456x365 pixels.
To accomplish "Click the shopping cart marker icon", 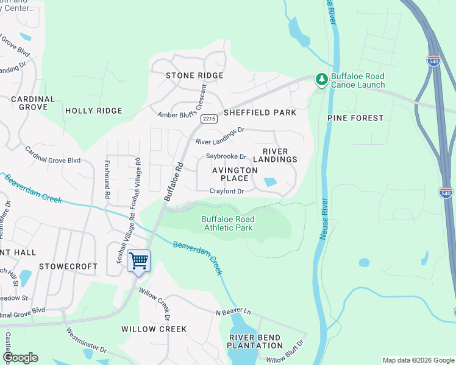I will tap(138, 261).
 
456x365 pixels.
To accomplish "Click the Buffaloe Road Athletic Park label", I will tap(228, 223).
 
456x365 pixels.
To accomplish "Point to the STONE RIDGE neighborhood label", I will tap(194, 75).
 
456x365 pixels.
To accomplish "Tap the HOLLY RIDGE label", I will tap(93, 111).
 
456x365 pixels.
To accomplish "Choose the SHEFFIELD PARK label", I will tap(260, 113).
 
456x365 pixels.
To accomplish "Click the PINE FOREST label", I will tap(355, 117).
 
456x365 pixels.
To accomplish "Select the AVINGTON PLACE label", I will tap(230, 175).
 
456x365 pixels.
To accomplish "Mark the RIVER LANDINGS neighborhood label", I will tap(280, 155).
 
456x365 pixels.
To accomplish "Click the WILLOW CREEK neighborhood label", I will tap(154, 328).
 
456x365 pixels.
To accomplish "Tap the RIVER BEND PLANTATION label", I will tap(255, 341).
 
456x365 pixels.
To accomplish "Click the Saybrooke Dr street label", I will tap(226, 156).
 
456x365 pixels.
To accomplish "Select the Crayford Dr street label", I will tap(227, 191).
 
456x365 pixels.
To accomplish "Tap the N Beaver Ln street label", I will tap(233, 312).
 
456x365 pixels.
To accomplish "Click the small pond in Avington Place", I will tap(269, 181).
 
